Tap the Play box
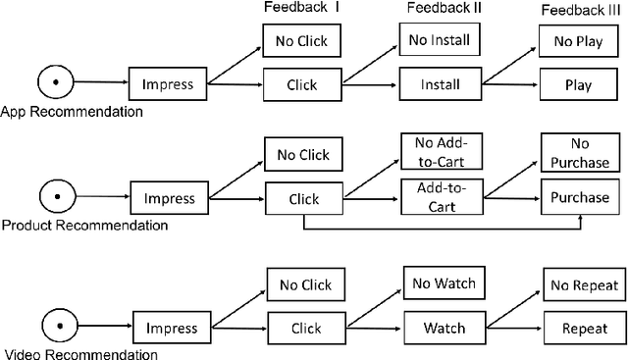point(578,84)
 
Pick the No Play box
point(578,42)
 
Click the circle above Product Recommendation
point(57,197)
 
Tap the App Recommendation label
point(72,111)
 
